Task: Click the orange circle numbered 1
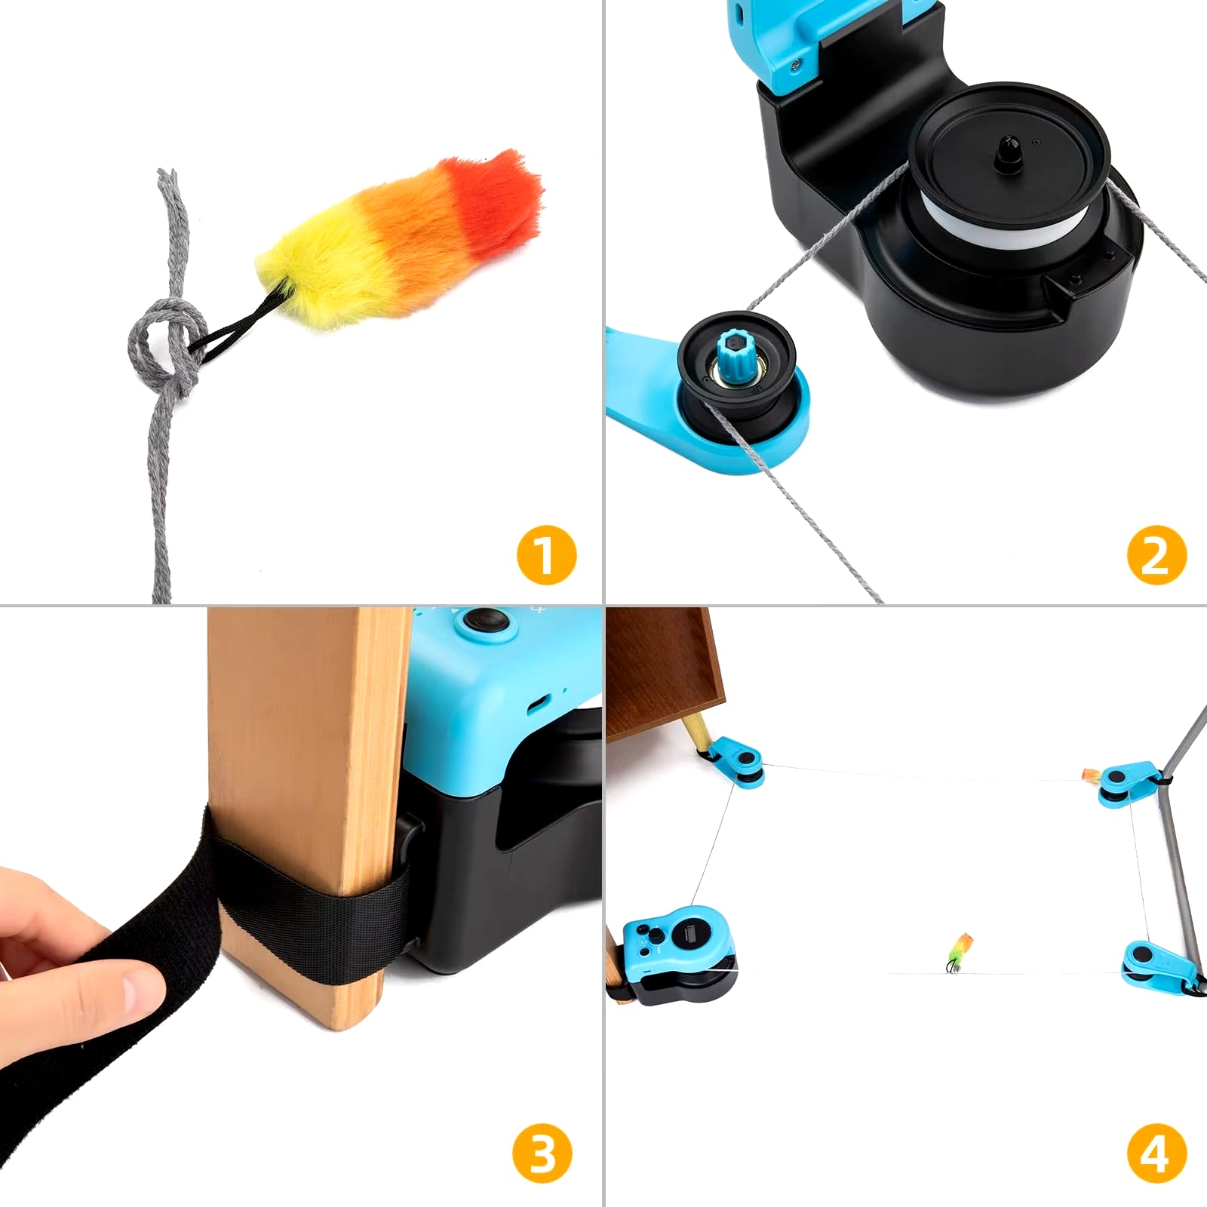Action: click(546, 554)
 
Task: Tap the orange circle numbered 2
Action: click(1156, 554)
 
